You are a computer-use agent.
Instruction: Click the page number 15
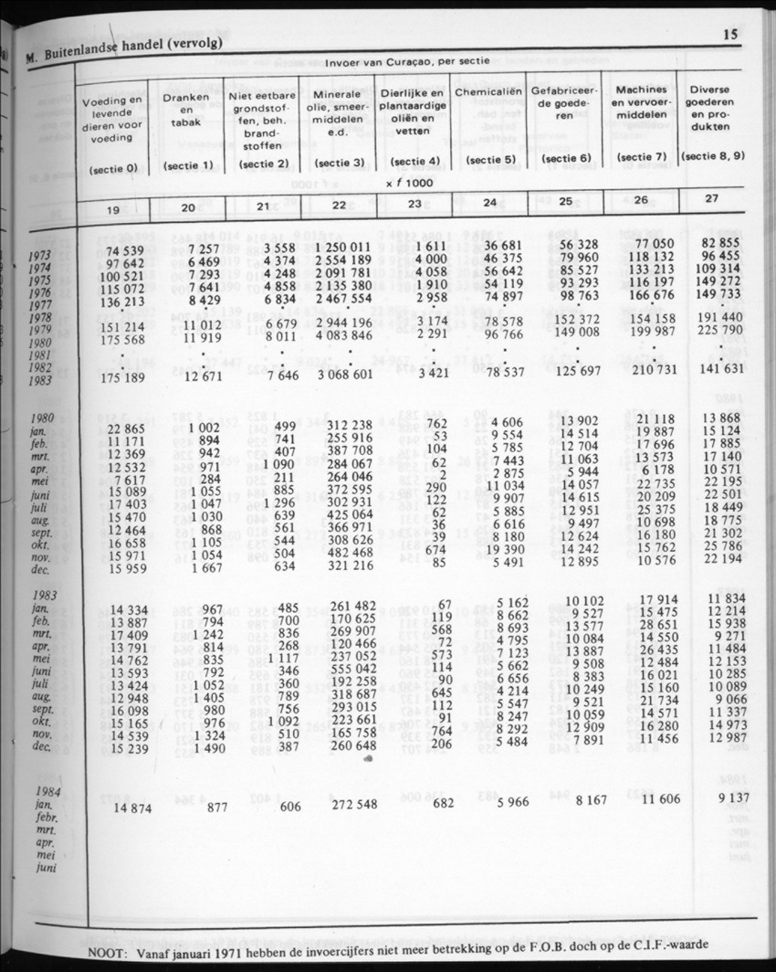[729, 36]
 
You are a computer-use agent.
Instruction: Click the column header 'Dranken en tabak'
[185, 107]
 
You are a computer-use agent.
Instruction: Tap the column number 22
[339, 205]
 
